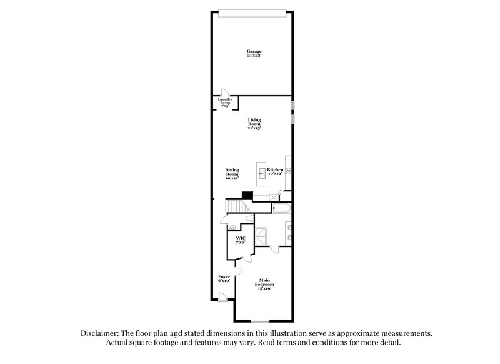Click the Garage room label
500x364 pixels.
click(x=253, y=54)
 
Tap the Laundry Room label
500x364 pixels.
click(x=224, y=101)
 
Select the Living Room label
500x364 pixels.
click(x=253, y=123)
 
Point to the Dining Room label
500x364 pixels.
click(x=232, y=174)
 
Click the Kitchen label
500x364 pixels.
click(x=276, y=172)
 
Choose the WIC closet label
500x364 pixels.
click(x=240, y=241)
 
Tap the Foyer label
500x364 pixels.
click(x=224, y=279)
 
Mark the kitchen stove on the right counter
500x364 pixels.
click(x=289, y=170)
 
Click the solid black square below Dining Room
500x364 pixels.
click(x=247, y=195)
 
